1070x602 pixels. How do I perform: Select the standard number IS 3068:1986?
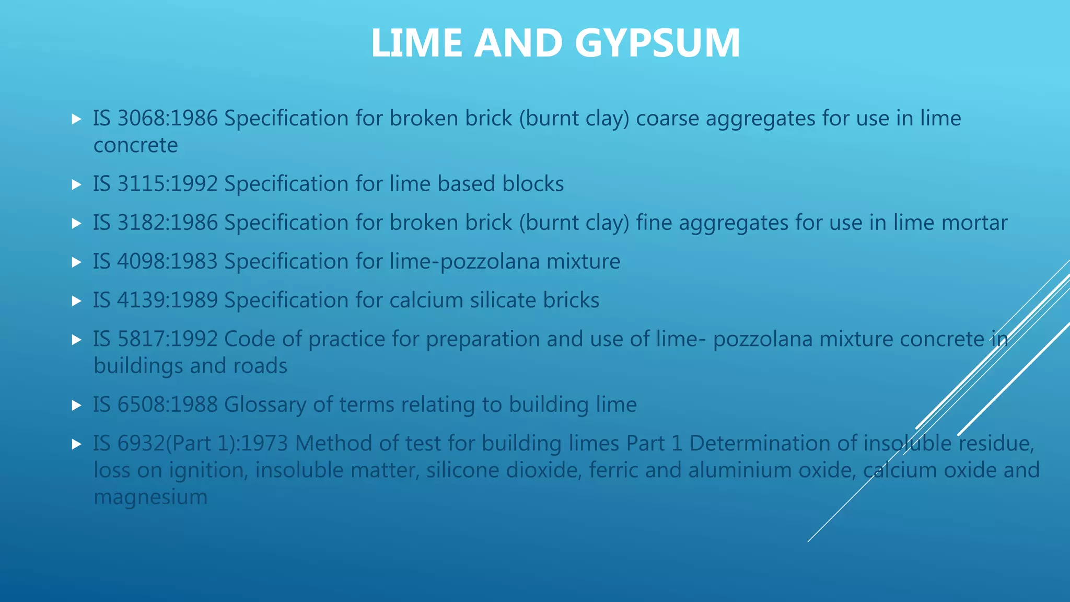click(155, 119)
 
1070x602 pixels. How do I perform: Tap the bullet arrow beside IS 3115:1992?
click(77, 184)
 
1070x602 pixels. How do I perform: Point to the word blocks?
click(533, 184)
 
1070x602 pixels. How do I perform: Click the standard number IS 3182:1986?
click(155, 223)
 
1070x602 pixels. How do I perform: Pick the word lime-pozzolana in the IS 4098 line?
click(464, 262)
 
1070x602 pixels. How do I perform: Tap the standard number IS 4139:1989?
click(155, 300)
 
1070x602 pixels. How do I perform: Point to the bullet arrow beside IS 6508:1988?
click(77, 405)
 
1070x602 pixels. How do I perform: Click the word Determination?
click(773, 444)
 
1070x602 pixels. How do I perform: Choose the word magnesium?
click(150, 497)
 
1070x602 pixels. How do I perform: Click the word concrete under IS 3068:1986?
click(136, 145)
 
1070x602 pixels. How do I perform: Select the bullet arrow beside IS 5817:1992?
click(77, 340)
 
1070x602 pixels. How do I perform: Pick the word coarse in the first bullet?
click(667, 119)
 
